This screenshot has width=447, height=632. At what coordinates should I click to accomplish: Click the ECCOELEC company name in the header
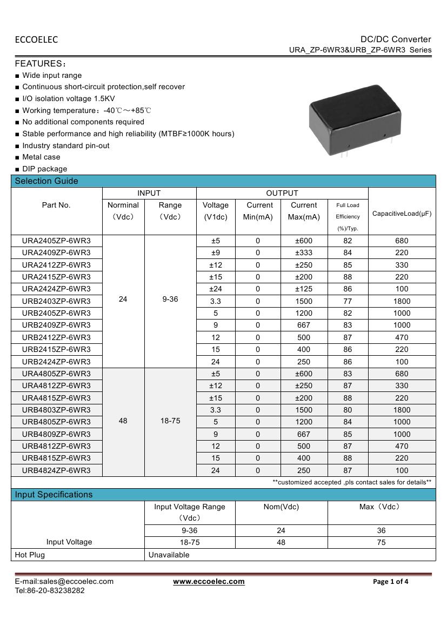(36, 39)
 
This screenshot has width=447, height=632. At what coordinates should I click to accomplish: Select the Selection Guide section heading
(46, 181)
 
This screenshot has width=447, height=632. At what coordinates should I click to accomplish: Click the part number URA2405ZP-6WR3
(56, 241)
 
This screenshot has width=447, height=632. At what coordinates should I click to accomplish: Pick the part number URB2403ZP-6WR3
(56, 301)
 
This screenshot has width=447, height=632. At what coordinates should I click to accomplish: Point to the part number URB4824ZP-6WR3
(56, 470)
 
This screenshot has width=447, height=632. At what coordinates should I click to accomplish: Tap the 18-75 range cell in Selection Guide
(170, 421)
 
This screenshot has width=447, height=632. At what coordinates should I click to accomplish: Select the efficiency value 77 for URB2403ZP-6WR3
(348, 301)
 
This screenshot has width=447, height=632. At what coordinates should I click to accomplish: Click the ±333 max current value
(304, 252)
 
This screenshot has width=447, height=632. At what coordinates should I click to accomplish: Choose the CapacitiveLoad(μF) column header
(402, 214)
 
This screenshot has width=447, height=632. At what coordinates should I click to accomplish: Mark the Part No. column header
(56, 205)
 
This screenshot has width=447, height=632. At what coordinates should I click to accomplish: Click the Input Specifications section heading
(54, 495)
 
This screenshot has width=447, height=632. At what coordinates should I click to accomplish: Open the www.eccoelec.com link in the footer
(209, 582)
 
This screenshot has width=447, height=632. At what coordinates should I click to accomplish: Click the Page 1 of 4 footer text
(391, 582)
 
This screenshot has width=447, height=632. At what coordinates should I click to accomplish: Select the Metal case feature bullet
(41, 157)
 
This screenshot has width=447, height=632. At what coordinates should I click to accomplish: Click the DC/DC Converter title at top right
(396, 39)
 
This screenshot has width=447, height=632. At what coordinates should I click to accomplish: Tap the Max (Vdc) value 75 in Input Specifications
(381, 542)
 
